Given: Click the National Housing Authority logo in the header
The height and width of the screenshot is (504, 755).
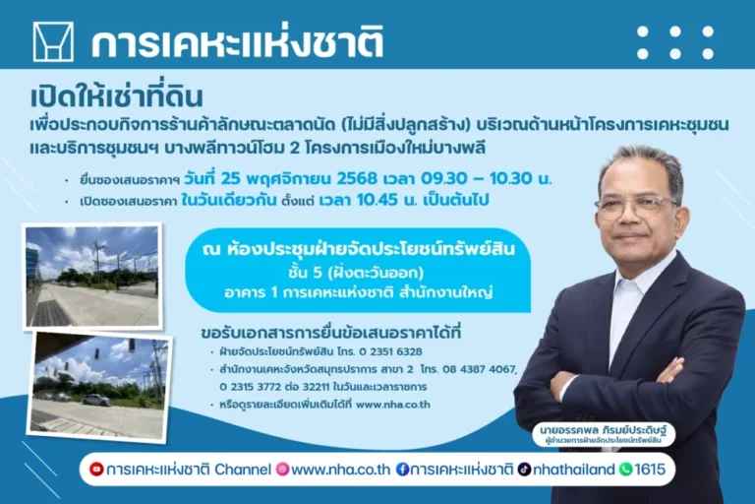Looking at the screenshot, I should (53, 42).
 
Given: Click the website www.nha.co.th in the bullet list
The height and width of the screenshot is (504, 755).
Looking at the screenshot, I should (393, 405).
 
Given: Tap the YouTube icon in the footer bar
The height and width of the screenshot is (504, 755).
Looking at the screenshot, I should (96, 470).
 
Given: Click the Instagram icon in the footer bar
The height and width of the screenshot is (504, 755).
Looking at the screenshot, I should (282, 470).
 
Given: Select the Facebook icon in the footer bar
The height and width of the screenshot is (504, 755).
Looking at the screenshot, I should (402, 470).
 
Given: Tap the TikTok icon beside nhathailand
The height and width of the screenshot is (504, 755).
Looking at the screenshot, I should (525, 470).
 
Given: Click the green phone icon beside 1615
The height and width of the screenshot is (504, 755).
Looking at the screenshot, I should (625, 470).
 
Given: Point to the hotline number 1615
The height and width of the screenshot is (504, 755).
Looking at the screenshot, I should (651, 470).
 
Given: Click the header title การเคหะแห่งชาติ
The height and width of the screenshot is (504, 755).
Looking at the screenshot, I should (237, 43).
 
